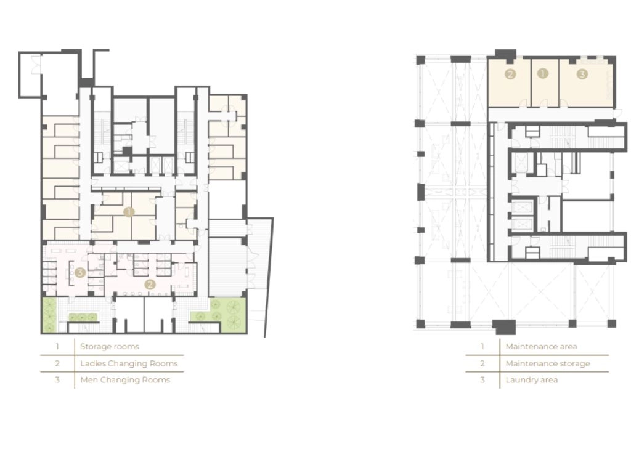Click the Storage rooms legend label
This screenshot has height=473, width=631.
click(x=110, y=346)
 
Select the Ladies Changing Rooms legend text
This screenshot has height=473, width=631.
click(x=129, y=363)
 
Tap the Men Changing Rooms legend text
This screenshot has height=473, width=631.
click(x=125, y=379)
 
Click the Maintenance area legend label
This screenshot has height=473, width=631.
click(x=541, y=346)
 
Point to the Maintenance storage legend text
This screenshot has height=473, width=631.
click(x=548, y=363)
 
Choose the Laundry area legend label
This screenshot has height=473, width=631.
click(x=532, y=380)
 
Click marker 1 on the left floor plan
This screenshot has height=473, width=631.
click(x=129, y=212)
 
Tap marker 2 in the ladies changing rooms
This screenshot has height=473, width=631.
click(x=150, y=285)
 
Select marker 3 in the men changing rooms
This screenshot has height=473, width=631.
click(x=80, y=273)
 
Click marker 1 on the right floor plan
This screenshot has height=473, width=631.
click(x=543, y=73)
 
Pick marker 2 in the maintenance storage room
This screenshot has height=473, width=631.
click(x=510, y=74)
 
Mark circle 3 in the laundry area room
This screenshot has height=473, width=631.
click(x=582, y=74)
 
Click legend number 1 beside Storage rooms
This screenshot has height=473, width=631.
click(x=57, y=346)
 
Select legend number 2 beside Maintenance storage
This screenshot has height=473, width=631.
click(x=482, y=363)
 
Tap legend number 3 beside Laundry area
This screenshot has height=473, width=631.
click(x=482, y=380)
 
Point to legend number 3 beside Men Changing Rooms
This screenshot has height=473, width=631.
click(x=57, y=379)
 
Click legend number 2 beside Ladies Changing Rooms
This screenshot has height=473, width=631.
click(x=57, y=363)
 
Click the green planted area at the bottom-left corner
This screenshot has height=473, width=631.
click(x=50, y=315)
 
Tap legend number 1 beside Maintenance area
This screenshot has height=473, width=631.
click(x=482, y=346)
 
